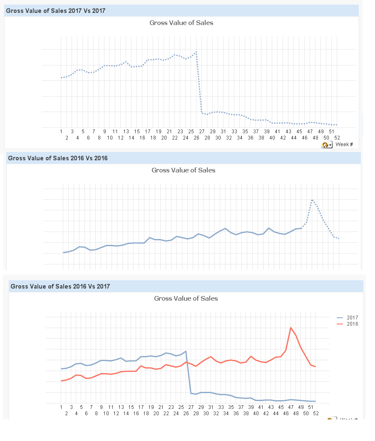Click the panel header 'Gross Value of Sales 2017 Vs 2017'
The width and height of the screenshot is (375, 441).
[55, 11]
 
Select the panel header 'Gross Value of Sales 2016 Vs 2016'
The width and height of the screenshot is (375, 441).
[57, 158]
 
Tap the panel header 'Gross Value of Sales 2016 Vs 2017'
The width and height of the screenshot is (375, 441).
[60, 287]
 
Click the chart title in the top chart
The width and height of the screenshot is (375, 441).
[181, 22]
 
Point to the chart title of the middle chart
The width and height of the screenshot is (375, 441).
[183, 170]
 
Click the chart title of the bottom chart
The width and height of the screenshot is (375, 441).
[186, 298]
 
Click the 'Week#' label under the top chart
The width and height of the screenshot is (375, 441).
[344, 145]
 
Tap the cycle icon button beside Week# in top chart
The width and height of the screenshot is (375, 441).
[327, 145]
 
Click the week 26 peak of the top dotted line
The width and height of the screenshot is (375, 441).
[196, 52]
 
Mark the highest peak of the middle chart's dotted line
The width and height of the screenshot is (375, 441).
[312, 200]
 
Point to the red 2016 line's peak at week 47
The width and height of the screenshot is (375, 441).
[291, 328]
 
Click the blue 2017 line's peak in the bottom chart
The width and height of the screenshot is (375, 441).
[186, 351]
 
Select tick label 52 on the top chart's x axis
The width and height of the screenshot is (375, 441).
[337, 138]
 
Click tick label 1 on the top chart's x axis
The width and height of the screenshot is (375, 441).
[61, 132]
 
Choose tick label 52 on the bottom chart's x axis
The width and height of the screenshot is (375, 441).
[315, 414]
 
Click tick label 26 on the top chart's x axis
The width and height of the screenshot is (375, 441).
[196, 138]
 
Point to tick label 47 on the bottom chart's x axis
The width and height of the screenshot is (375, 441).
[291, 407]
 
